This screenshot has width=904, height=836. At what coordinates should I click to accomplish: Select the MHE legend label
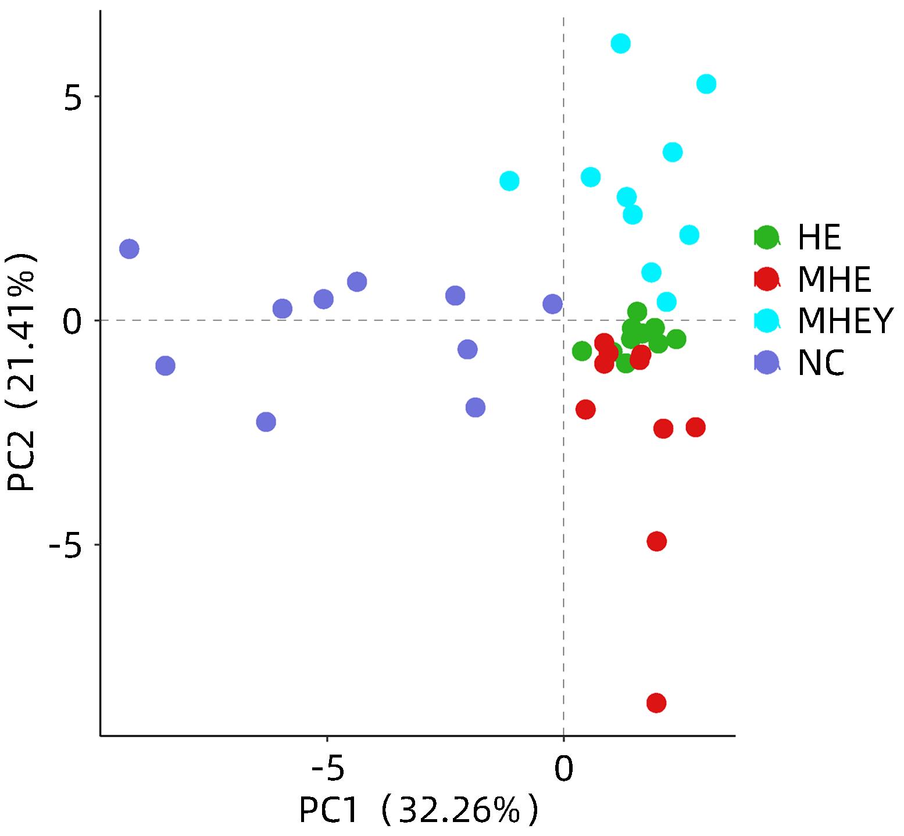[834, 279]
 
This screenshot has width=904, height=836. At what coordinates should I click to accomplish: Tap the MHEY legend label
[844, 321]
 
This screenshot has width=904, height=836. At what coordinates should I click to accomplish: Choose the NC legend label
[821, 363]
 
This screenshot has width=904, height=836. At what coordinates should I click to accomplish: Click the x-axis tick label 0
[563, 769]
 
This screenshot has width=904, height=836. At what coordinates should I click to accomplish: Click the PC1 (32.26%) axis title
[419, 810]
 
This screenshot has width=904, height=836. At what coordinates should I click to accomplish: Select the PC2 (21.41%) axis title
[22, 372]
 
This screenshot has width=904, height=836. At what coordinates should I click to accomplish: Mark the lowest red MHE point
[656, 703]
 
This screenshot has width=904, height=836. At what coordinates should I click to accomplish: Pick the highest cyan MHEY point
[621, 44]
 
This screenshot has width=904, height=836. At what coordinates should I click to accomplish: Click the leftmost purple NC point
[129, 249]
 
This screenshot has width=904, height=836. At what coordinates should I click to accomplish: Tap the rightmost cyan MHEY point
[706, 84]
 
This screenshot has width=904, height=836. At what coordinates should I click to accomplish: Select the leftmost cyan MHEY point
[509, 181]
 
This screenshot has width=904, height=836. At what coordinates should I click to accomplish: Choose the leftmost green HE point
[582, 351]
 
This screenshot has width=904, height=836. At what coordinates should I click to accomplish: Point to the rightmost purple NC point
[552, 303]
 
